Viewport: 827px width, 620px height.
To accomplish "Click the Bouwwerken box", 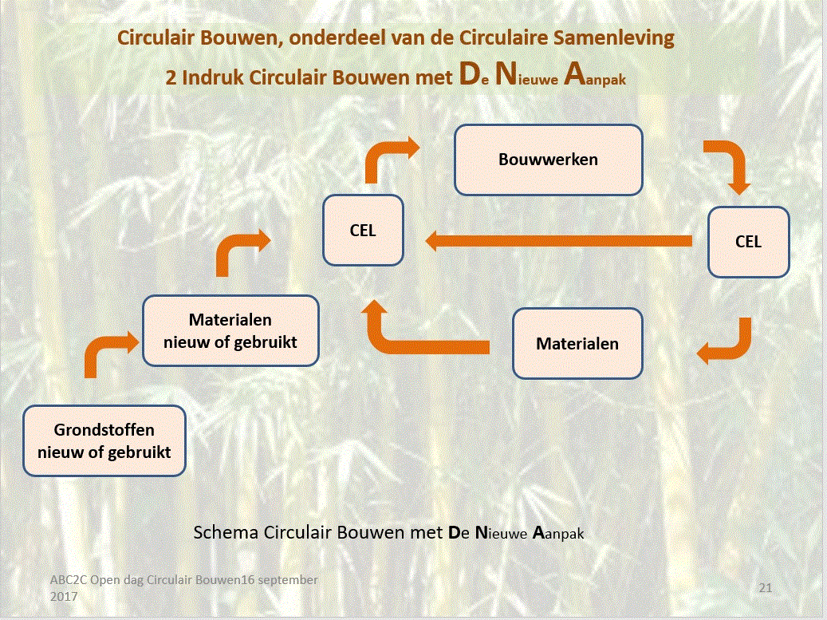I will click(x=548, y=160).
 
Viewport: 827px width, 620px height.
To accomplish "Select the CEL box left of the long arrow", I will click(x=362, y=231).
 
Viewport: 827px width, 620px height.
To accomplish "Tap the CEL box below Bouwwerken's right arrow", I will click(x=748, y=241).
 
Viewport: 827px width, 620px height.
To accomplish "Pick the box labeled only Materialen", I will click(x=577, y=344).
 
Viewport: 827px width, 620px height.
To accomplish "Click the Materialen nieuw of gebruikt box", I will click(x=230, y=331).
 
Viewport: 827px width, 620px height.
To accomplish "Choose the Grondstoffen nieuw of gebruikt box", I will click(x=104, y=441).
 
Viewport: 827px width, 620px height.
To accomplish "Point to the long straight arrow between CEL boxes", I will click(x=558, y=241).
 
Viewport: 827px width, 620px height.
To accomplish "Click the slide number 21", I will click(x=766, y=587).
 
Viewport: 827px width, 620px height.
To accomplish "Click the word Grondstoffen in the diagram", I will click(x=104, y=431).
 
